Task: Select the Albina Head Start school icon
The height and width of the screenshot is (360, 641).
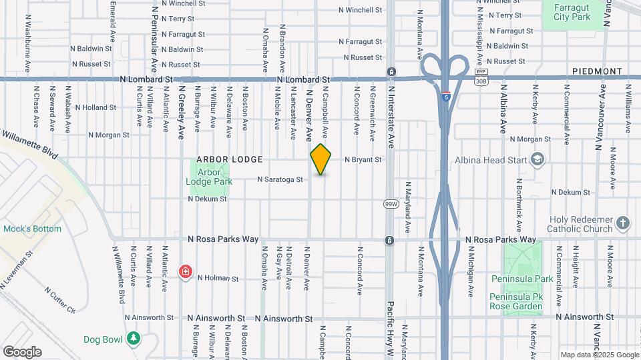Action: [x=538, y=159]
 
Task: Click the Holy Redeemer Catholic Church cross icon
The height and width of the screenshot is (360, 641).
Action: [x=622, y=223]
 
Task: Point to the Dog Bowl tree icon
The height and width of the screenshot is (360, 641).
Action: [x=134, y=339]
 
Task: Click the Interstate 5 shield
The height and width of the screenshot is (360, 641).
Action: [x=445, y=96]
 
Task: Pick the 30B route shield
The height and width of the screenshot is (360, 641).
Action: [x=481, y=81]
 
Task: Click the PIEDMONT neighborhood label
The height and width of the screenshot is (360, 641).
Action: [x=597, y=71]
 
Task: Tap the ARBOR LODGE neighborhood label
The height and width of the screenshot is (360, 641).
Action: [x=229, y=160]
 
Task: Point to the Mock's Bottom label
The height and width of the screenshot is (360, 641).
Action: [x=32, y=229]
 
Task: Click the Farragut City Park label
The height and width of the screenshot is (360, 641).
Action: [x=572, y=11]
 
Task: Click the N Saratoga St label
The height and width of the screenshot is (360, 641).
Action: [x=281, y=179]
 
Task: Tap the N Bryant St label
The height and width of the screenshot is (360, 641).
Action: [x=363, y=160]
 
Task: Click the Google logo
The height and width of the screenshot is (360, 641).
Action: [x=22, y=352]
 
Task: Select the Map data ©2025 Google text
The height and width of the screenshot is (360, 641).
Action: [x=599, y=355]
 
